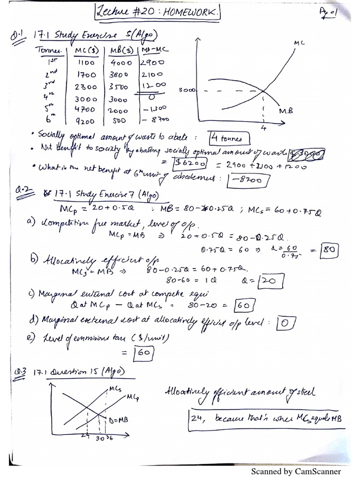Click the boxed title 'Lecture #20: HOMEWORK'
point(157,11)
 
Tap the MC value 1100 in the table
point(86,62)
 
